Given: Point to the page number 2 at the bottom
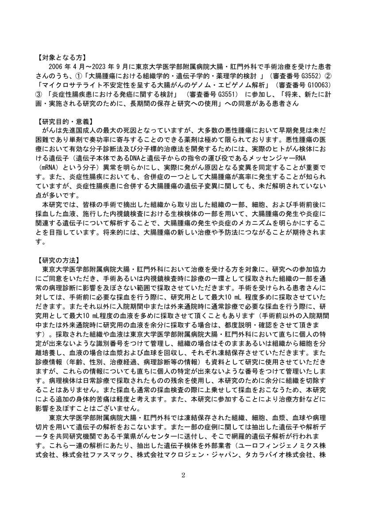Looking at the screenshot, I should (x=183, y=475).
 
